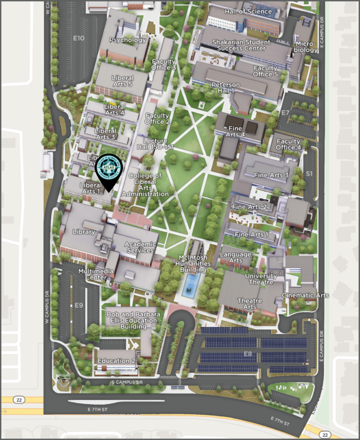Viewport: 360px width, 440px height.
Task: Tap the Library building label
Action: pyautogui.click(x=83, y=232)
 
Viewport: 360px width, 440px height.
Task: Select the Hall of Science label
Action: pyautogui.click(x=248, y=11)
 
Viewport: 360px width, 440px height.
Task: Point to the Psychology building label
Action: pyautogui.click(x=128, y=40)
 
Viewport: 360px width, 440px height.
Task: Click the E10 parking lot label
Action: pyautogui.click(x=79, y=38)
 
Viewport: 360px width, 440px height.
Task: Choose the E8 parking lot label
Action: pyautogui.click(x=248, y=353)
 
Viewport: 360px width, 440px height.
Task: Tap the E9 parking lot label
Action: pyautogui.click(x=79, y=305)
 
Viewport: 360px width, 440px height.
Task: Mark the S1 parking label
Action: pyautogui.click(x=309, y=174)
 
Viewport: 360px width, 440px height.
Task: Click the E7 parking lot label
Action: pyautogui.click(x=285, y=113)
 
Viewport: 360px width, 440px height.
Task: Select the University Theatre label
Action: pyautogui.click(x=261, y=279)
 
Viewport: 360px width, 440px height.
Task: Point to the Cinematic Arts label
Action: pyautogui.click(x=305, y=296)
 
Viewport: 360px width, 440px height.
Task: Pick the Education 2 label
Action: pyautogui.click(x=116, y=361)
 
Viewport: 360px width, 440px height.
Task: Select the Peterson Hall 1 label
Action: pyautogui.click(x=226, y=88)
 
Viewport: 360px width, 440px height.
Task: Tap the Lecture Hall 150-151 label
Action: pyautogui.click(x=158, y=144)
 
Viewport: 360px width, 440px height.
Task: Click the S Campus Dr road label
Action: pyautogui.click(x=127, y=382)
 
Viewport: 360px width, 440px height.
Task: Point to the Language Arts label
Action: pyautogui.click(x=236, y=257)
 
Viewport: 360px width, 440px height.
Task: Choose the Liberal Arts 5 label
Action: pyautogui.click(x=122, y=81)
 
